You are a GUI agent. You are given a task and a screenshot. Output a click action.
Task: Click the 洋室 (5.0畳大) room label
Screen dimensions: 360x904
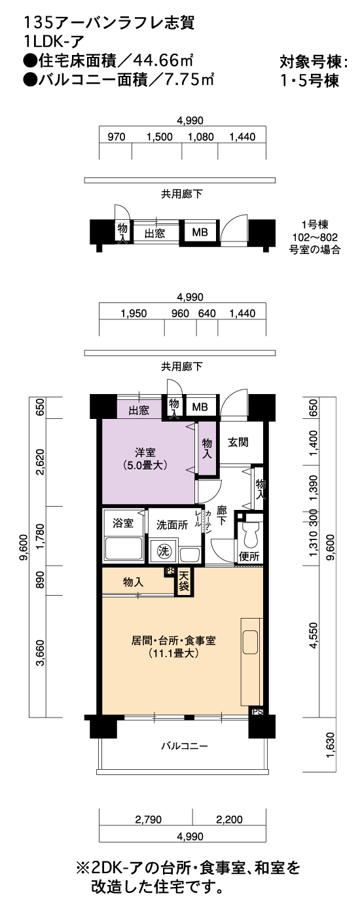[x=145, y=459]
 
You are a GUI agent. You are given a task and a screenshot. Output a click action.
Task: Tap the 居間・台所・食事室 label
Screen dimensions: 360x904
[x=173, y=640]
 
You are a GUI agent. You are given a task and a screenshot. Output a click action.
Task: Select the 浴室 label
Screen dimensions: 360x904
[x=123, y=524]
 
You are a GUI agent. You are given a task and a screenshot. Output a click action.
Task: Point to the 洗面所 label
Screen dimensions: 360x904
[x=172, y=525]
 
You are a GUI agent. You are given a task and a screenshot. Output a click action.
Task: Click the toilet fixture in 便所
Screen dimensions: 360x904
[x=251, y=534]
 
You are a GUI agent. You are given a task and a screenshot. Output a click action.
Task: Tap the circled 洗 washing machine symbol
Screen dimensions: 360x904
[x=164, y=551]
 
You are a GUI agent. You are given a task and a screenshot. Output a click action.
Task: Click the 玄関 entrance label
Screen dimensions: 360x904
[x=238, y=443]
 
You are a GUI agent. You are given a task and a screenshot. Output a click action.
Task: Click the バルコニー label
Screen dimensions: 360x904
[x=185, y=746]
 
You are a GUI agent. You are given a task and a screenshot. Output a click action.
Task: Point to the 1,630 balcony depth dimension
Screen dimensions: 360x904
[x=329, y=745]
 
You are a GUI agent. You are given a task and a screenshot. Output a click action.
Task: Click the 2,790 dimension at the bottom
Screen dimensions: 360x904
[x=149, y=820]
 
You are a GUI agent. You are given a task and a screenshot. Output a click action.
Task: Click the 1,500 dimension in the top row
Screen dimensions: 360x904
[x=160, y=137]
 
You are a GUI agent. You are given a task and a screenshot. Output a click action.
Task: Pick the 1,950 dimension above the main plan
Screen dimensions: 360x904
[x=134, y=314]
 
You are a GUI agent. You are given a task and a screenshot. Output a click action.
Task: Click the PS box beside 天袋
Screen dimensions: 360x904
[x=170, y=571]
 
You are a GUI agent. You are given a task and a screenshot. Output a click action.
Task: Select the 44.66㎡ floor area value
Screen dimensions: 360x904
[x=163, y=62]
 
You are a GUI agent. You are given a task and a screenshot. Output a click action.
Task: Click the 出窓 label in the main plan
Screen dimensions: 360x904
[x=139, y=410]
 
